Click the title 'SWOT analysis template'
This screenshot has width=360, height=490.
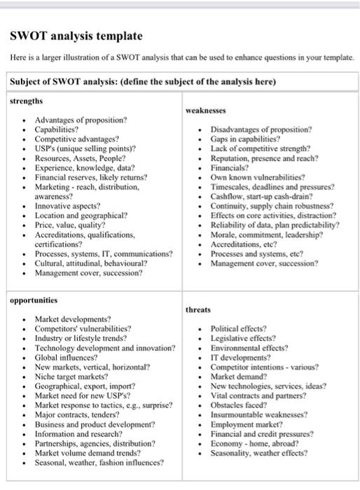[76, 36]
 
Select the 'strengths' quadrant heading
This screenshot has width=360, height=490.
[27, 101]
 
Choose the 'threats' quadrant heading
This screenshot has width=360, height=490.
[199, 309]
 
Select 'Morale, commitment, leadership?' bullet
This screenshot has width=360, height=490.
[264, 235]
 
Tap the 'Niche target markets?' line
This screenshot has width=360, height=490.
[71, 376]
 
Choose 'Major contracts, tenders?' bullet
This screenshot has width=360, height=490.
[79, 414]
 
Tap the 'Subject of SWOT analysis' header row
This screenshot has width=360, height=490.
[143, 81]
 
